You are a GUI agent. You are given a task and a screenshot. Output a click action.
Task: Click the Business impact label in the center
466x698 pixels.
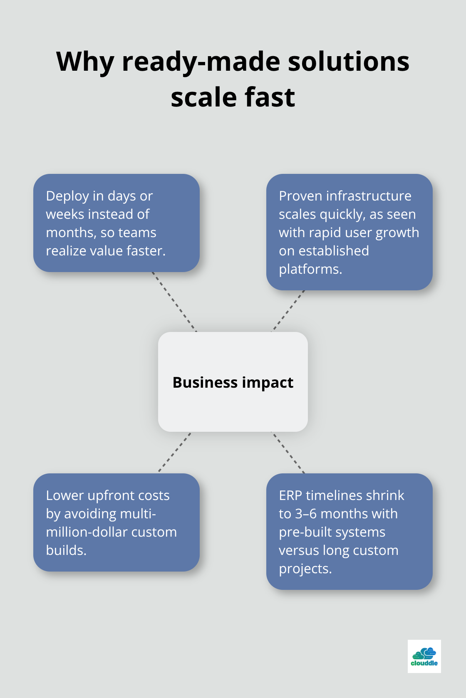click(233, 382)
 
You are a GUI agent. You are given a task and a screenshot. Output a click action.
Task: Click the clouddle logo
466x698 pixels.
click(424, 656)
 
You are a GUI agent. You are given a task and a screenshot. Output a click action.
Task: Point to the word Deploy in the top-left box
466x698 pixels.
click(67, 196)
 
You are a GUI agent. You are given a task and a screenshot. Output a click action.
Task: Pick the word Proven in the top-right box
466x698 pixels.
click(300, 196)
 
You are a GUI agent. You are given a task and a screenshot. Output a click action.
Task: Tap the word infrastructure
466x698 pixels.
click(369, 196)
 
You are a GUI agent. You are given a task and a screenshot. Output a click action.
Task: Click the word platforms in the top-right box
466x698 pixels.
click(310, 269)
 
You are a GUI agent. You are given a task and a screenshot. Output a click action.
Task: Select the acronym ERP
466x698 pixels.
click(290, 495)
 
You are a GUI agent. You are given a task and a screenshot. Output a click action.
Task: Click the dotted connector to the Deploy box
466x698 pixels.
click(174, 302)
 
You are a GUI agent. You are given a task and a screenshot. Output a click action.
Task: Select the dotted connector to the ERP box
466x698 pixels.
click(288, 453)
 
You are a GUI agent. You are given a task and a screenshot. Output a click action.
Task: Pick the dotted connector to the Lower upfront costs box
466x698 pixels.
click(175, 452)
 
